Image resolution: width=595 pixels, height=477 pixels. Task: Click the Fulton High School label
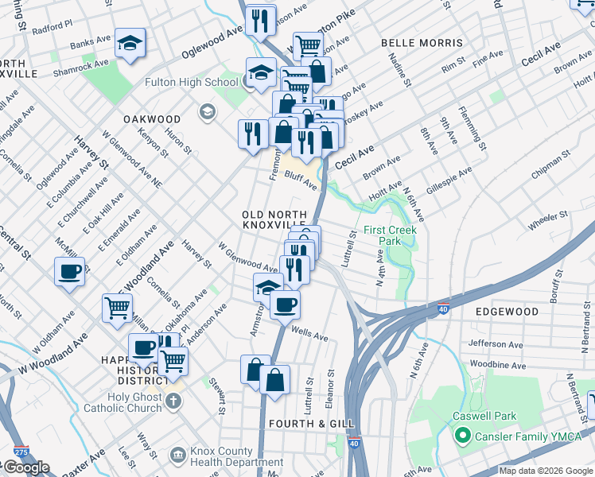191,82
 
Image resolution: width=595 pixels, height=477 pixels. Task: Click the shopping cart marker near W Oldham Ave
117,307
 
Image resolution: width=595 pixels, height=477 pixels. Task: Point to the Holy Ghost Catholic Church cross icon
175,401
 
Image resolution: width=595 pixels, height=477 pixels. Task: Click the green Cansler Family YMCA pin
460,436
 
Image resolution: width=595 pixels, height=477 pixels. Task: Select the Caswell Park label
484,416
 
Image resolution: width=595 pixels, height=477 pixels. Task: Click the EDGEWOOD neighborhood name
507,312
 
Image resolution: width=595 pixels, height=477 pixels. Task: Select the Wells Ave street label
310,335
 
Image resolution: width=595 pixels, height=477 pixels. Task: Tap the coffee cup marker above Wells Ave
285,304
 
